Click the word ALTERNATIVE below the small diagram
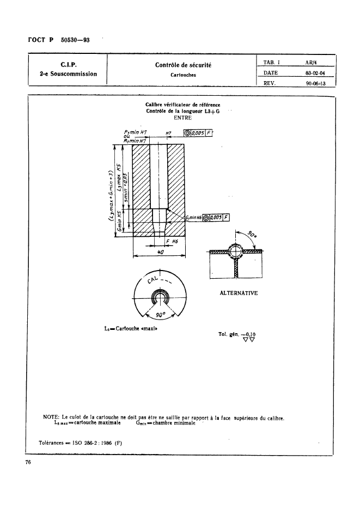239,293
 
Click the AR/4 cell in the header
311,62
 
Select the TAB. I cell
271,62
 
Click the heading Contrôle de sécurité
183,65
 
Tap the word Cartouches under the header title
183,76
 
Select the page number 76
27,463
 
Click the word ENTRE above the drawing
182,117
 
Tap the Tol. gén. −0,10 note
237,334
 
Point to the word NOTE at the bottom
52,418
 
